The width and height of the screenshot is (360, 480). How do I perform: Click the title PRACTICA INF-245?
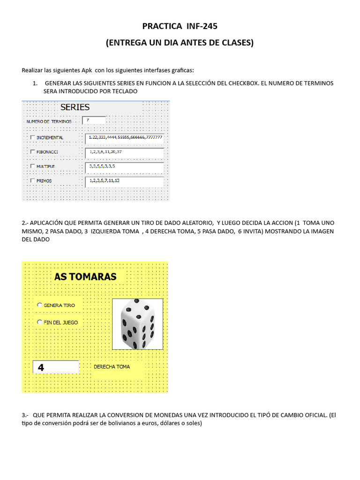[180, 26]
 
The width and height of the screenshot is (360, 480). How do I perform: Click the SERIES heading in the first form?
[75, 107]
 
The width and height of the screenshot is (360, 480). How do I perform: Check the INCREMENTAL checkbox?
[32, 137]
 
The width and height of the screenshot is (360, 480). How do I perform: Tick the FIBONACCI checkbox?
[32, 152]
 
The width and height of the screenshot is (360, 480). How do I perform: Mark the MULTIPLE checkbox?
[32, 166]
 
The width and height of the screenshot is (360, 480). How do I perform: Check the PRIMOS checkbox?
[32, 180]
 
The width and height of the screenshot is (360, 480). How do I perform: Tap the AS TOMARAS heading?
[85, 277]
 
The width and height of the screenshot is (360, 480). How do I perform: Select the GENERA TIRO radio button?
[40, 305]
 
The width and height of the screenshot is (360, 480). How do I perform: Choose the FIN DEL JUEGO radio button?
[40, 322]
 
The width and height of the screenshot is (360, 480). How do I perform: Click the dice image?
[138, 324]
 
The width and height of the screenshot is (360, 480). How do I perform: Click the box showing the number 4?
[55, 367]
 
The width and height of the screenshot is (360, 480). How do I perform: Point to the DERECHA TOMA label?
[112, 367]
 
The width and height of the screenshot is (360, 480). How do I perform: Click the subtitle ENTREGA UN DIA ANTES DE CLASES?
[180, 43]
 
